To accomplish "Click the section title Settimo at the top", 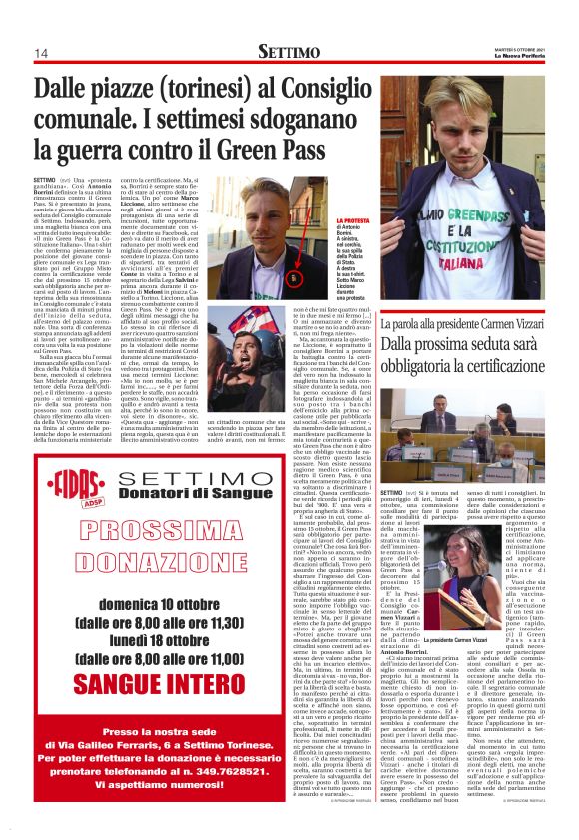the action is (x=289, y=51).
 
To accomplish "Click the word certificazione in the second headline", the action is (x=490, y=365).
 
